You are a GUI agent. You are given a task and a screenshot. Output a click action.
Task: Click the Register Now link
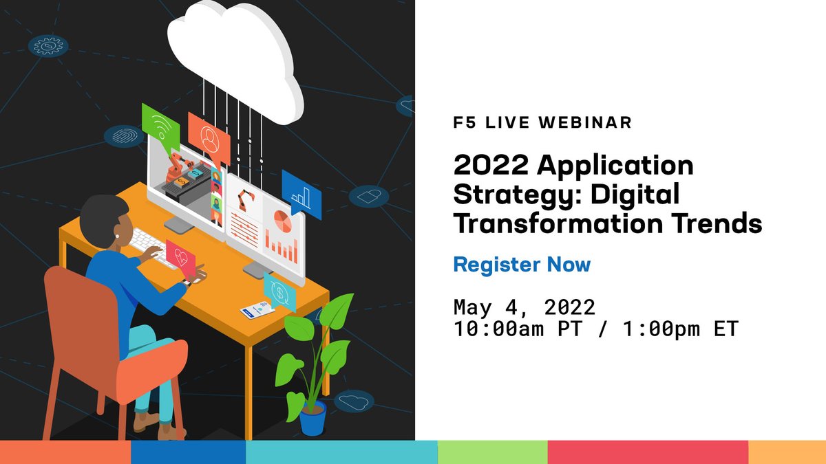click(x=522, y=265)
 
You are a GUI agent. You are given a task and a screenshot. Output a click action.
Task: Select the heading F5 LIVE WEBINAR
click(x=542, y=123)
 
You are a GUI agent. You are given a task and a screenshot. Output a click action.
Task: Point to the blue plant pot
click(x=313, y=417)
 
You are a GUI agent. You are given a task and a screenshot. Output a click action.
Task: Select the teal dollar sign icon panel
click(x=280, y=291)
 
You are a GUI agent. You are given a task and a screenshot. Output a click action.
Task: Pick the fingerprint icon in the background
click(x=124, y=136)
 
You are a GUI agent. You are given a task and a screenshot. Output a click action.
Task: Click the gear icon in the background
click(x=48, y=46)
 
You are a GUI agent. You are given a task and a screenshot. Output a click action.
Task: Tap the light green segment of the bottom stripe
click(x=492, y=452)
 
